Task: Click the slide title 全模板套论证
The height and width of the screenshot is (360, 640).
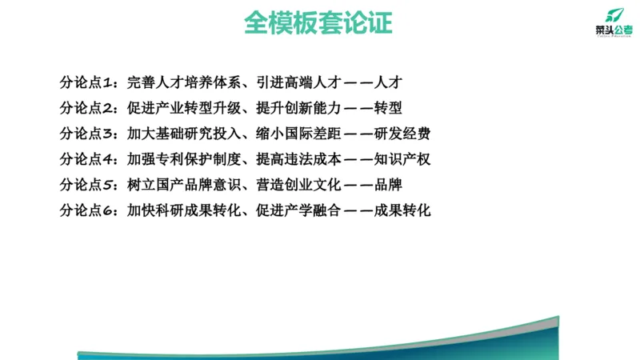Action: point(318,22)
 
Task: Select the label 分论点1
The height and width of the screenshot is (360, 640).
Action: point(89,82)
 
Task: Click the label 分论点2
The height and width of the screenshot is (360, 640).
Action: point(89,107)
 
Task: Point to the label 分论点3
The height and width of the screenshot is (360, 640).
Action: point(89,133)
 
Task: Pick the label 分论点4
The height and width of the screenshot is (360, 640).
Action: point(89,159)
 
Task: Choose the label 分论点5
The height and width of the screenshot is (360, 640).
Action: point(89,186)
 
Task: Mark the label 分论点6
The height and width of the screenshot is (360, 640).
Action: point(89,211)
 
